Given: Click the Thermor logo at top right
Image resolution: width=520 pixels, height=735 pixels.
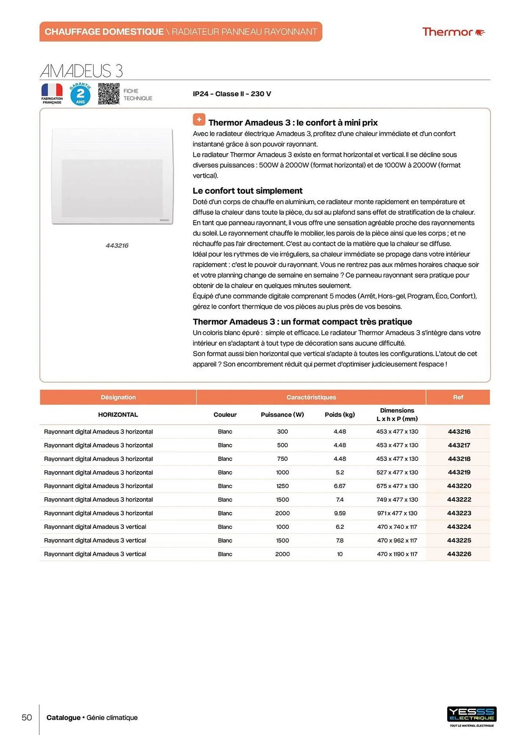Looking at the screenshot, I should tap(453, 32).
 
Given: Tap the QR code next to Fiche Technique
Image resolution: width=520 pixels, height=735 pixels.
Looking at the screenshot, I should tap(108, 94).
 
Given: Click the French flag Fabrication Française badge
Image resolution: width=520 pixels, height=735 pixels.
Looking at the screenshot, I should tap(52, 94).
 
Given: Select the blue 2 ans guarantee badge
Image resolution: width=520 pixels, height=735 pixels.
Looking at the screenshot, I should tap(80, 94).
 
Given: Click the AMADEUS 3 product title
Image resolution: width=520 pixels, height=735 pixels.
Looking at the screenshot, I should tap(81, 71).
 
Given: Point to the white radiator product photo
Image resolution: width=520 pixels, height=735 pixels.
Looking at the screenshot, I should tap(112, 176).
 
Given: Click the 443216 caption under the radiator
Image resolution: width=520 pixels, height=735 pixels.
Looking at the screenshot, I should tap(117, 245).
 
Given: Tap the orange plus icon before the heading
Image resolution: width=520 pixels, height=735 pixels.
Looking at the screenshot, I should tap(199, 119).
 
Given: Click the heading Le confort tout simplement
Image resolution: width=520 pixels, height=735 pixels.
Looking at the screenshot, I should tap(247, 191).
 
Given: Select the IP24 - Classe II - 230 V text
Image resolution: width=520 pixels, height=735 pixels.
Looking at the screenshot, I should tap(232, 94).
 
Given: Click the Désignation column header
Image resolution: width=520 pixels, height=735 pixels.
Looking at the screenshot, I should tap(118, 397).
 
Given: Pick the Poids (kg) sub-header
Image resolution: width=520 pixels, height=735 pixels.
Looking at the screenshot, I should tap(339, 415).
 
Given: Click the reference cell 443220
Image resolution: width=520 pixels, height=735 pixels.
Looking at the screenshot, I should tap(459, 486).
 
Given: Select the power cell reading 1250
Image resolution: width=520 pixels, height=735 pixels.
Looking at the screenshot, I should tap(282, 486).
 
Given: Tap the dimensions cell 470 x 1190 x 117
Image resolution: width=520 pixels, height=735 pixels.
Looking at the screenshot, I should tap(397, 554).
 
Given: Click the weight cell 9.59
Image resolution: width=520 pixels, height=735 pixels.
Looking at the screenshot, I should tap(339, 513).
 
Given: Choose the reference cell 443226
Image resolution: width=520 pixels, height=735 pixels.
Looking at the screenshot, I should tap(459, 554).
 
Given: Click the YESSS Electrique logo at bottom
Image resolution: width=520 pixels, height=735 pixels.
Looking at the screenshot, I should tap(471, 715).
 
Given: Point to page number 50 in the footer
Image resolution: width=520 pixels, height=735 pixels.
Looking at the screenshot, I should tap(27, 717).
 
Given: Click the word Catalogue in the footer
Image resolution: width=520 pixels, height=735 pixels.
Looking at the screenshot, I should tap(63, 717).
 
